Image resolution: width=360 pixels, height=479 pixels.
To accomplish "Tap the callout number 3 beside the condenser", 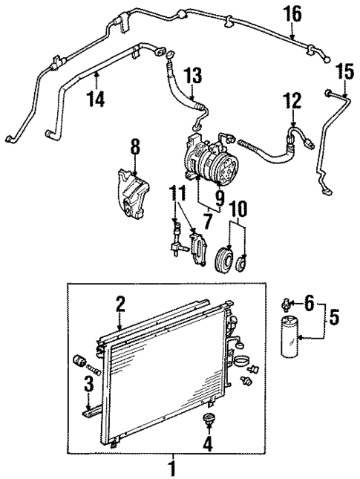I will [x=88, y=385].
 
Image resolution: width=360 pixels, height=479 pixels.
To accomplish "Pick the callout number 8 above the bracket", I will [x=134, y=147].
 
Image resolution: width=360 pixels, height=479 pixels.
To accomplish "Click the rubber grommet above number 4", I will [x=208, y=421].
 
